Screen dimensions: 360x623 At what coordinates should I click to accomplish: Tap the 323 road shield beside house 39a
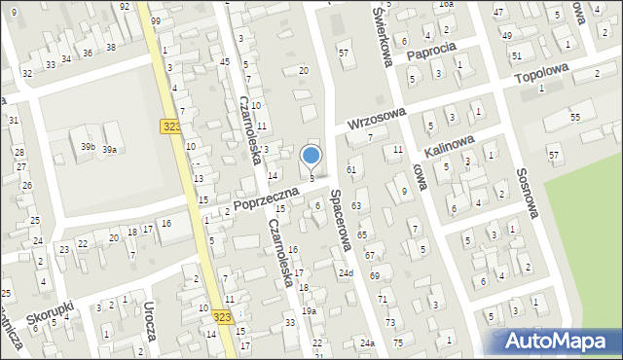(168, 126)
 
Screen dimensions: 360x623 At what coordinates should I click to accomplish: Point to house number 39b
(88, 146)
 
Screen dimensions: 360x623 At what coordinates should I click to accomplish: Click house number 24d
(346, 272)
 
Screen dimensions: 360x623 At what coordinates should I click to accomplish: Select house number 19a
(309, 310)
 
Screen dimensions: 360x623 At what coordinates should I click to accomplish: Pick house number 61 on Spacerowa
(351, 170)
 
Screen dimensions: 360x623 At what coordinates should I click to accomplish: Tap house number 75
(396, 342)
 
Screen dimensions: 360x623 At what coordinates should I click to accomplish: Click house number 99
(156, 21)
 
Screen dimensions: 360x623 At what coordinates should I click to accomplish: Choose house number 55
(575, 117)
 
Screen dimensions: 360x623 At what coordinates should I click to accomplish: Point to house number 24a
(366, 343)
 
